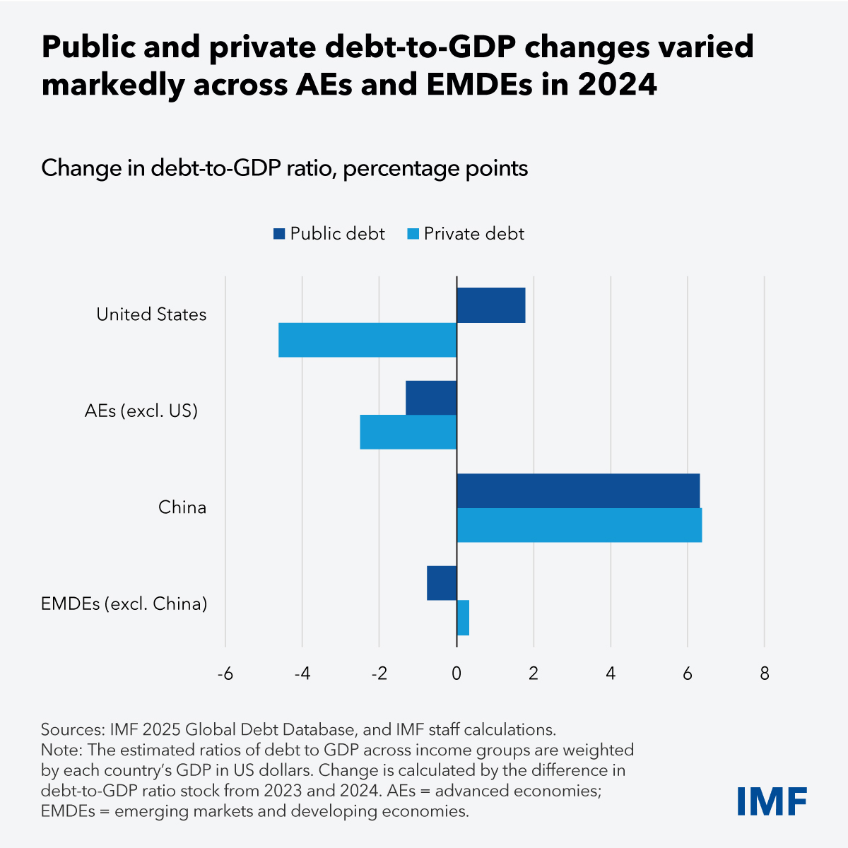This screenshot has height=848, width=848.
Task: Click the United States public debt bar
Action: coord(490,305)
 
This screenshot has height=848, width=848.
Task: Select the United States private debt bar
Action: coord(367,340)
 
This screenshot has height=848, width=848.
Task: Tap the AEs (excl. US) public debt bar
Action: coord(431,398)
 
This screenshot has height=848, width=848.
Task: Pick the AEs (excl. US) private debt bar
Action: coord(408,432)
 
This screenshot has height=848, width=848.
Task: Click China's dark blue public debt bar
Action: coord(578,490)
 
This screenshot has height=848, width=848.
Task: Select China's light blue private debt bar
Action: coord(579,525)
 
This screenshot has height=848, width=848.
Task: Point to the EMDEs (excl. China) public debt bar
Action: coord(442,583)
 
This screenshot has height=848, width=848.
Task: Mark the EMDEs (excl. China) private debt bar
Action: coord(463,618)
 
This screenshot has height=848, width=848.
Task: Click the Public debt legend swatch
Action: coord(278,234)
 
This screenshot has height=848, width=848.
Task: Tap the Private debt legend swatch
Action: coord(413,234)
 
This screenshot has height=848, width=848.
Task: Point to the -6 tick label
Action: coord(225,674)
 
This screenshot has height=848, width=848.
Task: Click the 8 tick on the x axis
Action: coord(764,674)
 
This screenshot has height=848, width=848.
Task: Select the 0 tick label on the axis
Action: coord(457,674)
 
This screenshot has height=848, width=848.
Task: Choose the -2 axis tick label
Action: coord(379,674)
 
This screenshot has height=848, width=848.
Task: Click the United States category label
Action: coord(151,314)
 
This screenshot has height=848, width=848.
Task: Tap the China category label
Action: coord(182,507)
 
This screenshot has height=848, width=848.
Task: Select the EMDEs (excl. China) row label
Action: coord(124,604)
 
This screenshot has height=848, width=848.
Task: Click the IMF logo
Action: coord(772,801)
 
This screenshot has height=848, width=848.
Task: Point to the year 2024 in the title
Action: coord(617,85)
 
